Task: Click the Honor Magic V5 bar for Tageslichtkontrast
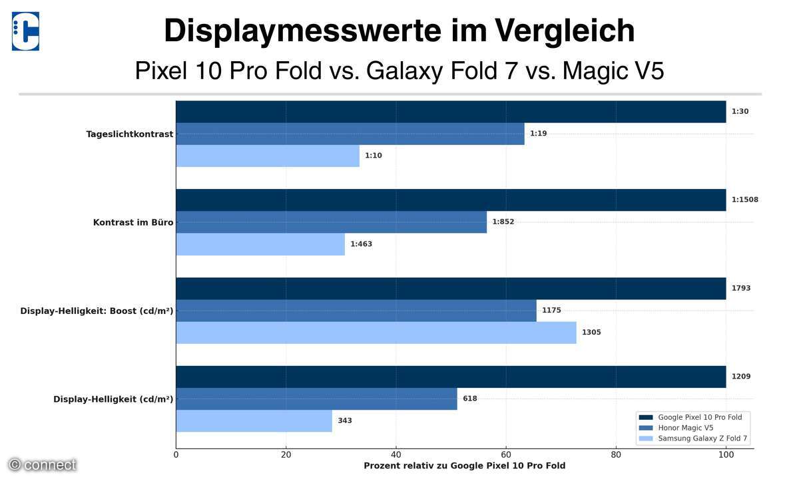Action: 350,134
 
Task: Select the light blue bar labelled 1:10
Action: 268,156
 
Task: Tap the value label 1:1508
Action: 744,200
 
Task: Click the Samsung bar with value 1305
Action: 376,332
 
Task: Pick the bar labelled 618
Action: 316,399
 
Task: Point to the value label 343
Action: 344,420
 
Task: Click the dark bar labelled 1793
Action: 451,288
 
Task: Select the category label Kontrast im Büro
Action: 133,222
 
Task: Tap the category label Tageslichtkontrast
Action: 129,134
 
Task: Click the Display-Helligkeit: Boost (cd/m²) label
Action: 97,311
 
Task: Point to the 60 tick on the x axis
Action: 506,455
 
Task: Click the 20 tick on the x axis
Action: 286,455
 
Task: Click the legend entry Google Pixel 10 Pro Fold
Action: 700,417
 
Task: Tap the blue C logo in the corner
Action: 25,31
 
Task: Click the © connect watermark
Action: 43,465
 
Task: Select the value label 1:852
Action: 503,222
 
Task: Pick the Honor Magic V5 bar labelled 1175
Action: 356,310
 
